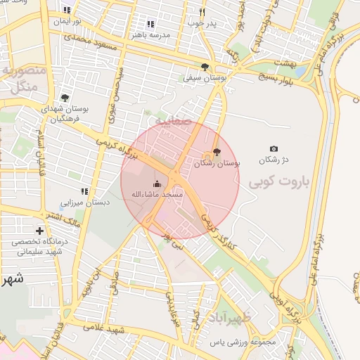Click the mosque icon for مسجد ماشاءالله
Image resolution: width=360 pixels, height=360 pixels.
tap(156, 184)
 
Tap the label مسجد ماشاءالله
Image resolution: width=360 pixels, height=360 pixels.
tap(162, 193)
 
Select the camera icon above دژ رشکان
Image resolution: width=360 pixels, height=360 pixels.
tap(274, 149)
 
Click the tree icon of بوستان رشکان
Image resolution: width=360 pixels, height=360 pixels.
tap(216, 152)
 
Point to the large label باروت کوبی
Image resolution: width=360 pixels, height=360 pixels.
tap(278, 182)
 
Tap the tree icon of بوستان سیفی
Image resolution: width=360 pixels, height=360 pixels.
tap(205, 67)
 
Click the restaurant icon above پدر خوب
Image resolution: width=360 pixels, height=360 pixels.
tap(202, 12)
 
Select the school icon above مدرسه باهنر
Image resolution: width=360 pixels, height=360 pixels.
tap(150, 24)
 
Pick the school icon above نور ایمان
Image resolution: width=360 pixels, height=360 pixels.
tap(67, 10)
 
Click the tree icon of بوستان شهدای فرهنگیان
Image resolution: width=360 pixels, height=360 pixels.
tap(65, 98)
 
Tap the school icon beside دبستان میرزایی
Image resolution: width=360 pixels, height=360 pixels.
tap(84, 191)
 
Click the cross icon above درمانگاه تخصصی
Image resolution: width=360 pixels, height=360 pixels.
tap(39, 231)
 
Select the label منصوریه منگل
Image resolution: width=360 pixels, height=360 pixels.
tap(24, 79)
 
